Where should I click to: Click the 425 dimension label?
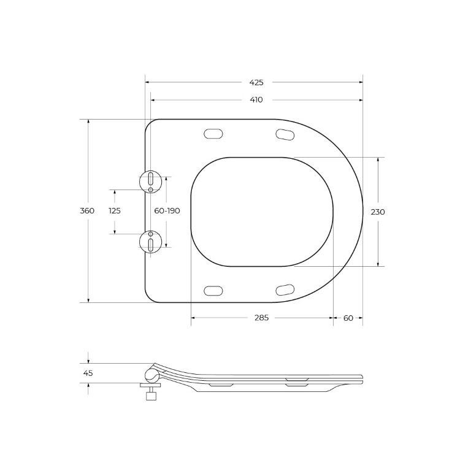(x=256, y=82)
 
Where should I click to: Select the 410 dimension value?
(x=256, y=100)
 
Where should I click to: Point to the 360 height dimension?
(x=87, y=211)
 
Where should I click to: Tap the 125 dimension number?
(x=115, y=211)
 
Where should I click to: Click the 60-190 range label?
(x=167, y=211)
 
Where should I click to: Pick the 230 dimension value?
(x=378, y=212)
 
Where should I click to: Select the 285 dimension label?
(x=262, y=318)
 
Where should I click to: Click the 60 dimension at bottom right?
(x=348, y=318)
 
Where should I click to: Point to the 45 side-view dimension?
(x=88, y=373)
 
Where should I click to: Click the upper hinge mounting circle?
(x=151, y=180)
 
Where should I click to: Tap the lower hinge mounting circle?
(x=151, y=242)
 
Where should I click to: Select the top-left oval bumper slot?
(x=212, y=133)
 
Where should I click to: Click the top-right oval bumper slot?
(x=285, y=133)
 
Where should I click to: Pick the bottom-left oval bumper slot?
(x=212, y=289)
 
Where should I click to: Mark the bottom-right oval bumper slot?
(x=285, y=289)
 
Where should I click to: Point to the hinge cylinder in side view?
(x=151, y=375)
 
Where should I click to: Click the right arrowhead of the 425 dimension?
(x=360, y=82)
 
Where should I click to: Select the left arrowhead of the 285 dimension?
(x=194, y=318)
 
